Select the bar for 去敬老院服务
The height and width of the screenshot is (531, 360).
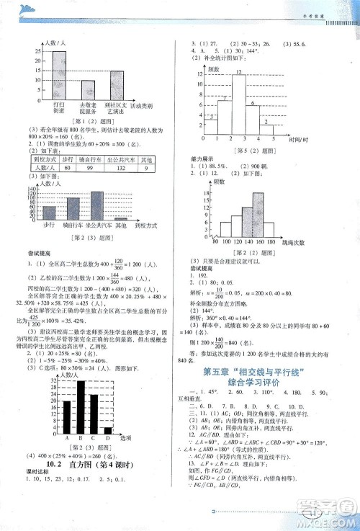88,89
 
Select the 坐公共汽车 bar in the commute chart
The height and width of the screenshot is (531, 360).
97,206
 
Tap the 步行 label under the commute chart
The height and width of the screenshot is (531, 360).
49,226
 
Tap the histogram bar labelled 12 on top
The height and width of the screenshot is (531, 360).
238,104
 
